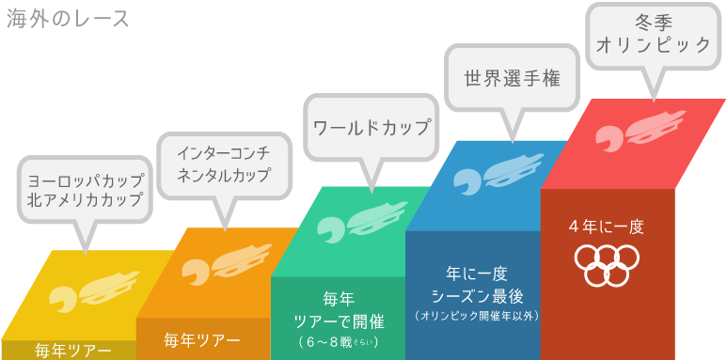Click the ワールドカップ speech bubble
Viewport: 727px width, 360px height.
coord(371,128)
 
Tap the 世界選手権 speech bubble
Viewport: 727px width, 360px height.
coord(512,79)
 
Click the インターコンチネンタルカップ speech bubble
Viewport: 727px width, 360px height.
coord(224,164)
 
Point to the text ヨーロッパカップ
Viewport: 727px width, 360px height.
coord(86,180)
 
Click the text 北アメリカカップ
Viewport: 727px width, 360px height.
coord(86,199)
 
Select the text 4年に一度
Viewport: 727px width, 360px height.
coord(607,227)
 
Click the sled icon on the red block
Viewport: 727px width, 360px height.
coord(629,133)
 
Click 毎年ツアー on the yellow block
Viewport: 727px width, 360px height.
coord(73,352)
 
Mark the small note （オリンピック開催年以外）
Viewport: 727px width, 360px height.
coord(476,316)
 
